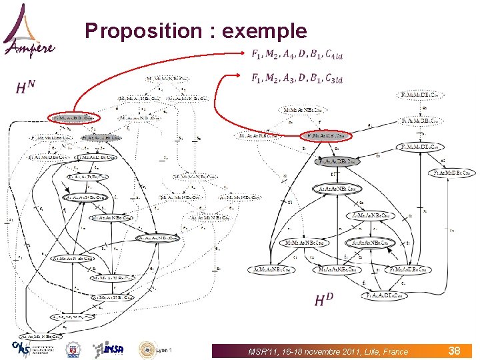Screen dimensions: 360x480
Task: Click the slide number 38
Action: pyautogui.click(x=455, y=350)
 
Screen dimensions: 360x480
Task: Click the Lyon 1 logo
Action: pyautogui.click(x=156, y=349)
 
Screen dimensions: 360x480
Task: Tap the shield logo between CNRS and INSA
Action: pyautogui.click(x=73, y=349)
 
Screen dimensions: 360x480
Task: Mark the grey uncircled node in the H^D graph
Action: pyautogui.click(x=338, y=161)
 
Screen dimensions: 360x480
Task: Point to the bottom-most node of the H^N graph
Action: pyautogui.click(x=40, y=337)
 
